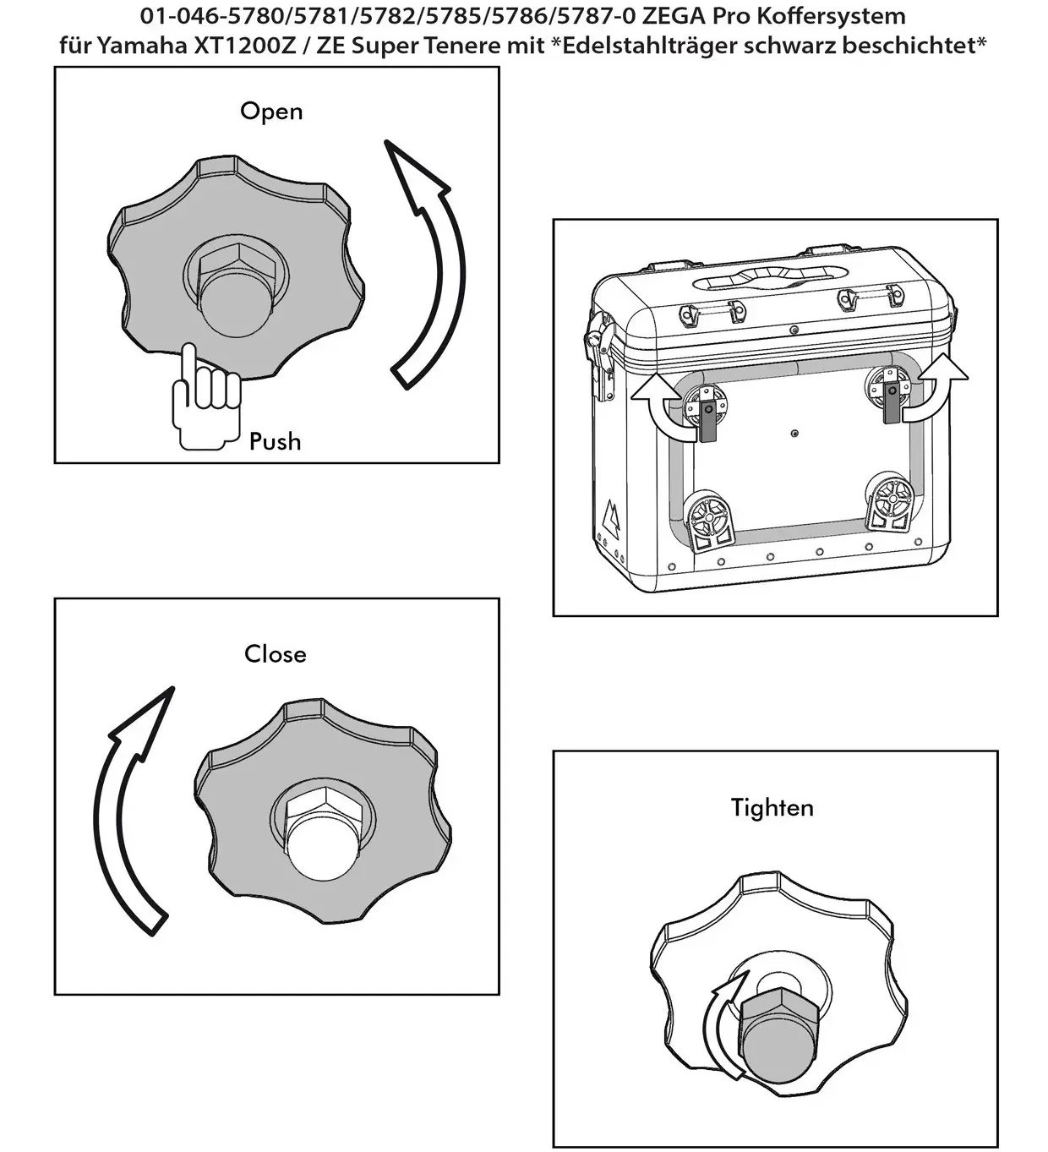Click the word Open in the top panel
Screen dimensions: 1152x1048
[x=271, y=112]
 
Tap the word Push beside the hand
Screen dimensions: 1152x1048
[x=275, y=441]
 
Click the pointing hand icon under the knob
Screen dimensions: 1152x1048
[x=204, y=396]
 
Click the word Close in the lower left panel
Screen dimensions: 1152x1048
[x=275, y=654]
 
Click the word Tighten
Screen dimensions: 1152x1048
[x=772, y=808]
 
